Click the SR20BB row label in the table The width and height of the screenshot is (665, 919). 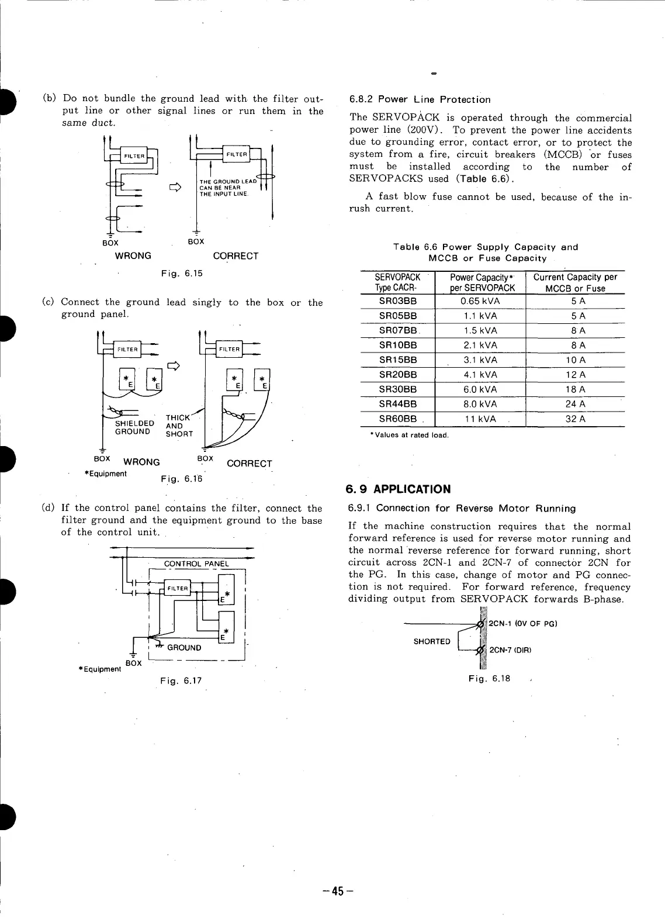pos(398,375)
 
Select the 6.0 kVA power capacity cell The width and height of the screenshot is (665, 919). pos(480,389)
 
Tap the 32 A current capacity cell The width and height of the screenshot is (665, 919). pos(575,419)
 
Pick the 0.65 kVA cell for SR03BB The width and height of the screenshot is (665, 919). pos(480,301)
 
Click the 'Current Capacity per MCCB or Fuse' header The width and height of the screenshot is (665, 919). pos(575,282)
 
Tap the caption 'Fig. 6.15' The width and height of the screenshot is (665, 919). pos(182,273)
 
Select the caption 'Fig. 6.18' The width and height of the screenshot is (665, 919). pos(489,679)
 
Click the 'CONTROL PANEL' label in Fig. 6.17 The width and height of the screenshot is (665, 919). pos(196,564)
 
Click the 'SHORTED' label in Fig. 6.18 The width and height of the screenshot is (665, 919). pos(432,641)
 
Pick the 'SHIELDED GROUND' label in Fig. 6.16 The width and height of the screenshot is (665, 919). pos(134,427)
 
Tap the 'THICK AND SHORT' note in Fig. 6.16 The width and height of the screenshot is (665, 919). pos(178,426)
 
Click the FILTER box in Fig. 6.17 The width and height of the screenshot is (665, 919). pos(177,588)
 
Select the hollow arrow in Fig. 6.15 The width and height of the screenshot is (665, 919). pos(174,188)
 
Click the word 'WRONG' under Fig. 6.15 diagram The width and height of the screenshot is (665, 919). pos(133,255)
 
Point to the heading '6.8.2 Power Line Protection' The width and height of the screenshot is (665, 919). pos(420,99)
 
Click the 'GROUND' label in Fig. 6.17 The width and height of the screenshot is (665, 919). pos(184,648)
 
